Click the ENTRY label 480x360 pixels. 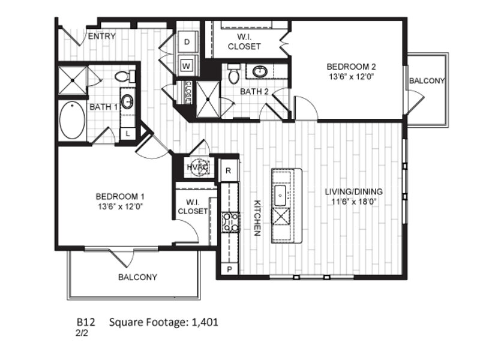(x=102, y=37)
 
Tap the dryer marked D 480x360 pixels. (x=187, y=42)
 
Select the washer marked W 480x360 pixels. (x=187, y=66)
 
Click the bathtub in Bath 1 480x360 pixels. (x=72, y=121)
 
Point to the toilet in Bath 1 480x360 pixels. (x=125, y=76)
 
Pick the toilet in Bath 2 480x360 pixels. (x=234, y=74)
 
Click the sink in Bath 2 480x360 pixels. (x=260, y=71)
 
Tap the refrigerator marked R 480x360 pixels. (x=229, y=171)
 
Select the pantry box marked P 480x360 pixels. (x=230, y=269)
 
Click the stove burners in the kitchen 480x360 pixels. (x=231, y=223)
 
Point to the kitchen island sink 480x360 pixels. (x=280, y=196)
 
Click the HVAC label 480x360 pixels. (x=198, y=167)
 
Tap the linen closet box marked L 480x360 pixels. (x=128, y=134)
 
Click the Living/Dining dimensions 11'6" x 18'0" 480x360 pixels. (x=353, y=202)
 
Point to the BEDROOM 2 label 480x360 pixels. (x=351, y=67)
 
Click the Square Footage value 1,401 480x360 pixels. (x=205, y=322)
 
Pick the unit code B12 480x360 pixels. (x=86, y=322)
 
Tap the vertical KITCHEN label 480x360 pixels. (x=257, y=218)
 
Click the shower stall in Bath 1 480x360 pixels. (x=73, y=80)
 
